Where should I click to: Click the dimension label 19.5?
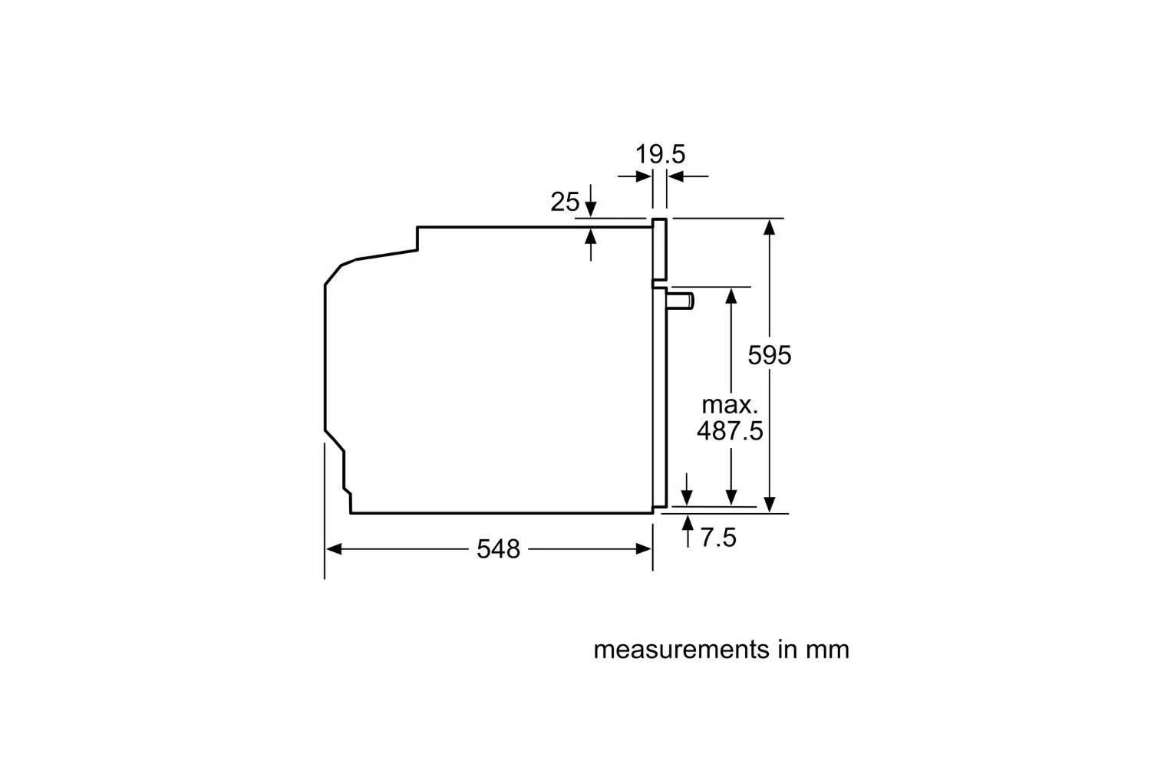660,154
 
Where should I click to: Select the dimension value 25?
565,202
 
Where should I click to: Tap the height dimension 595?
769,355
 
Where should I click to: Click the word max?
730,405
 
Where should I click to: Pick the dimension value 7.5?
718,538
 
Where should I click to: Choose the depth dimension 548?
499,549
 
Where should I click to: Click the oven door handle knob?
681,301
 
